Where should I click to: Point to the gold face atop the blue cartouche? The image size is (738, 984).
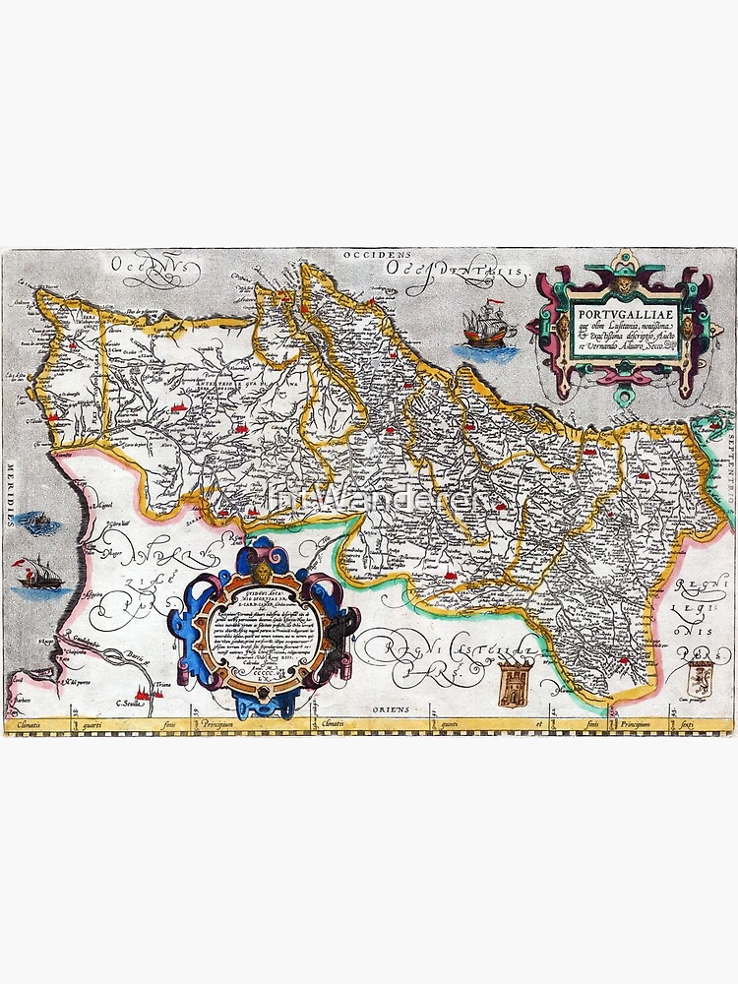264,573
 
